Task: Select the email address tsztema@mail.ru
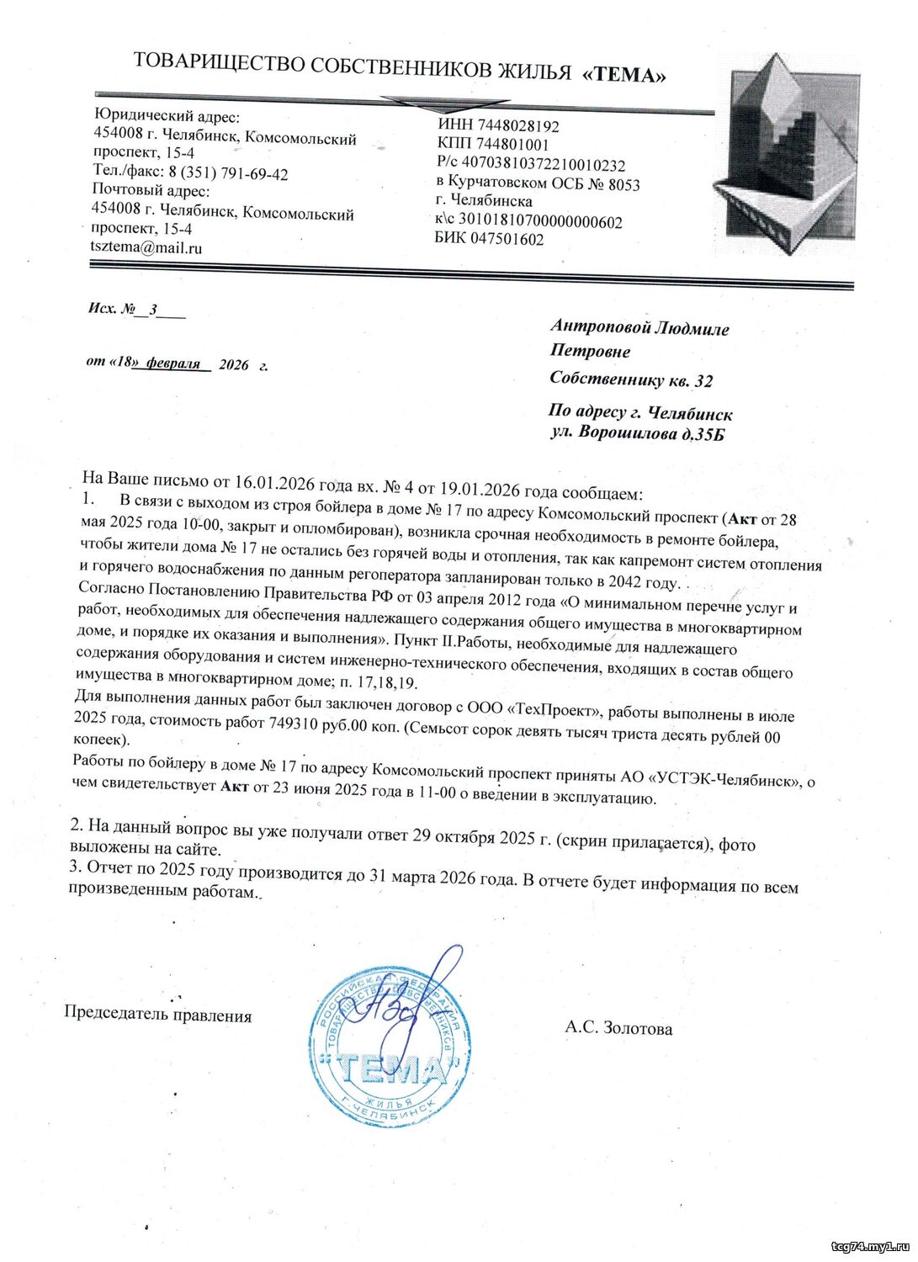[x=146, y=247]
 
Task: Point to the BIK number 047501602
[x=504, y=239]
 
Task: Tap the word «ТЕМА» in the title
[x=624, y=75]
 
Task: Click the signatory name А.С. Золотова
[x=618, y=1028]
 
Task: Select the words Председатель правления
[x=158, y=1015]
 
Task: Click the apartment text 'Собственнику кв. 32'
[x=631, y=379]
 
